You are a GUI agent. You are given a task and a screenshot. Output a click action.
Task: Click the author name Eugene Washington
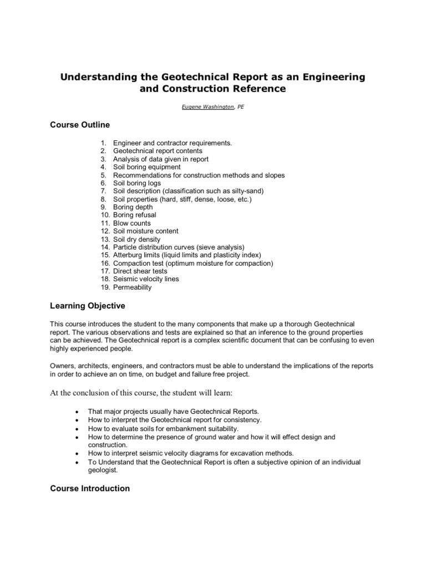205,107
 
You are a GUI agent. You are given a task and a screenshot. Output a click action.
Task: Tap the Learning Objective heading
88,306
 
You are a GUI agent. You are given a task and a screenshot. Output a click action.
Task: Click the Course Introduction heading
90,489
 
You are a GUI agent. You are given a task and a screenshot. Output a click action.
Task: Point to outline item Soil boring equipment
146,167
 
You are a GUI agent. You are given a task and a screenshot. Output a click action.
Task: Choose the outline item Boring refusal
134,215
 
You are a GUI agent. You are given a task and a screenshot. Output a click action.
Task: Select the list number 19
105,287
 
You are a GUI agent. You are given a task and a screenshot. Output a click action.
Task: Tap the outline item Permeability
132,287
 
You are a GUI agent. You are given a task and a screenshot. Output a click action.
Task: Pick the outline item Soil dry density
136,239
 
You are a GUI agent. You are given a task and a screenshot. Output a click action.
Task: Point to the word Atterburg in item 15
128,255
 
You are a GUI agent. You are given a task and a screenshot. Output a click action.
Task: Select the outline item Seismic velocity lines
146,280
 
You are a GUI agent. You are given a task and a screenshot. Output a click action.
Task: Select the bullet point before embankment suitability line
76,429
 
